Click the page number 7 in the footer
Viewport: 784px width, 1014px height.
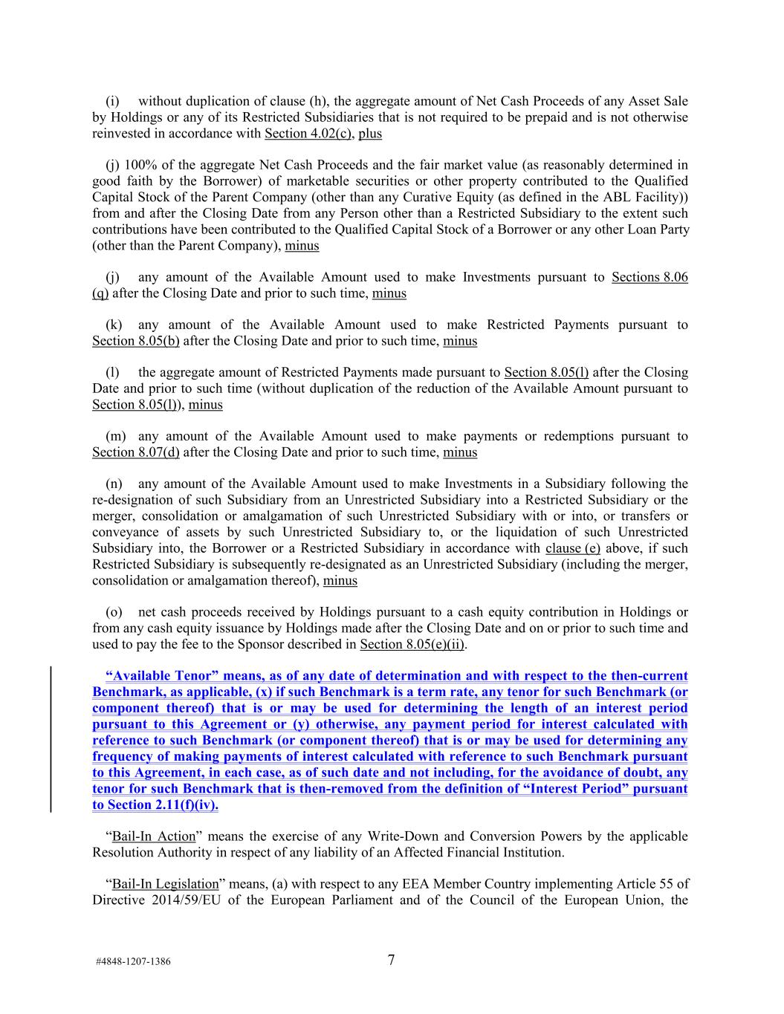(391, 960)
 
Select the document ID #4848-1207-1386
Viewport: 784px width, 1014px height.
(133, 961)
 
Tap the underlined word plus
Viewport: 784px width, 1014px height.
(370, 134)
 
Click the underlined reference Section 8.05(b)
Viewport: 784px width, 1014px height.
(136, 341)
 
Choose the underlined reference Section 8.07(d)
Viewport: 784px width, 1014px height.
(136, 452)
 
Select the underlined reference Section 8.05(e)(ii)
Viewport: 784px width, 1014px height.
(412, 644)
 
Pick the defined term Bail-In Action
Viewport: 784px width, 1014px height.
(154, 836)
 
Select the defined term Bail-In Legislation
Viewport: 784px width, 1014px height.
(165, 884)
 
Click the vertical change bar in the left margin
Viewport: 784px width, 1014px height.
(51, 740)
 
